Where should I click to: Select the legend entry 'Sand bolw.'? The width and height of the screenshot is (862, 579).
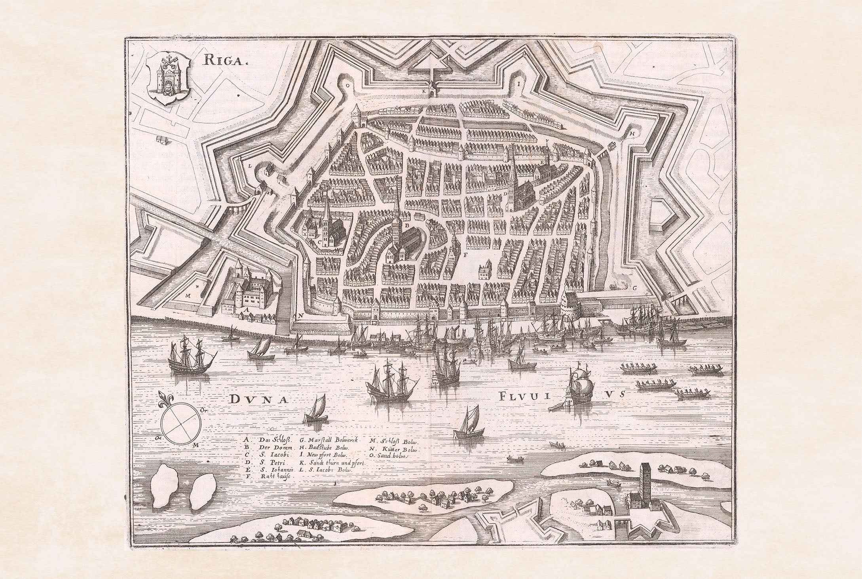click(390, 455)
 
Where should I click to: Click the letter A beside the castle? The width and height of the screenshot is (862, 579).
click(248, 311)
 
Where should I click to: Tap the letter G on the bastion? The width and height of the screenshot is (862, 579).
click(634, 288)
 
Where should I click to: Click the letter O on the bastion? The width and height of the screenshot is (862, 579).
click(347, 85)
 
